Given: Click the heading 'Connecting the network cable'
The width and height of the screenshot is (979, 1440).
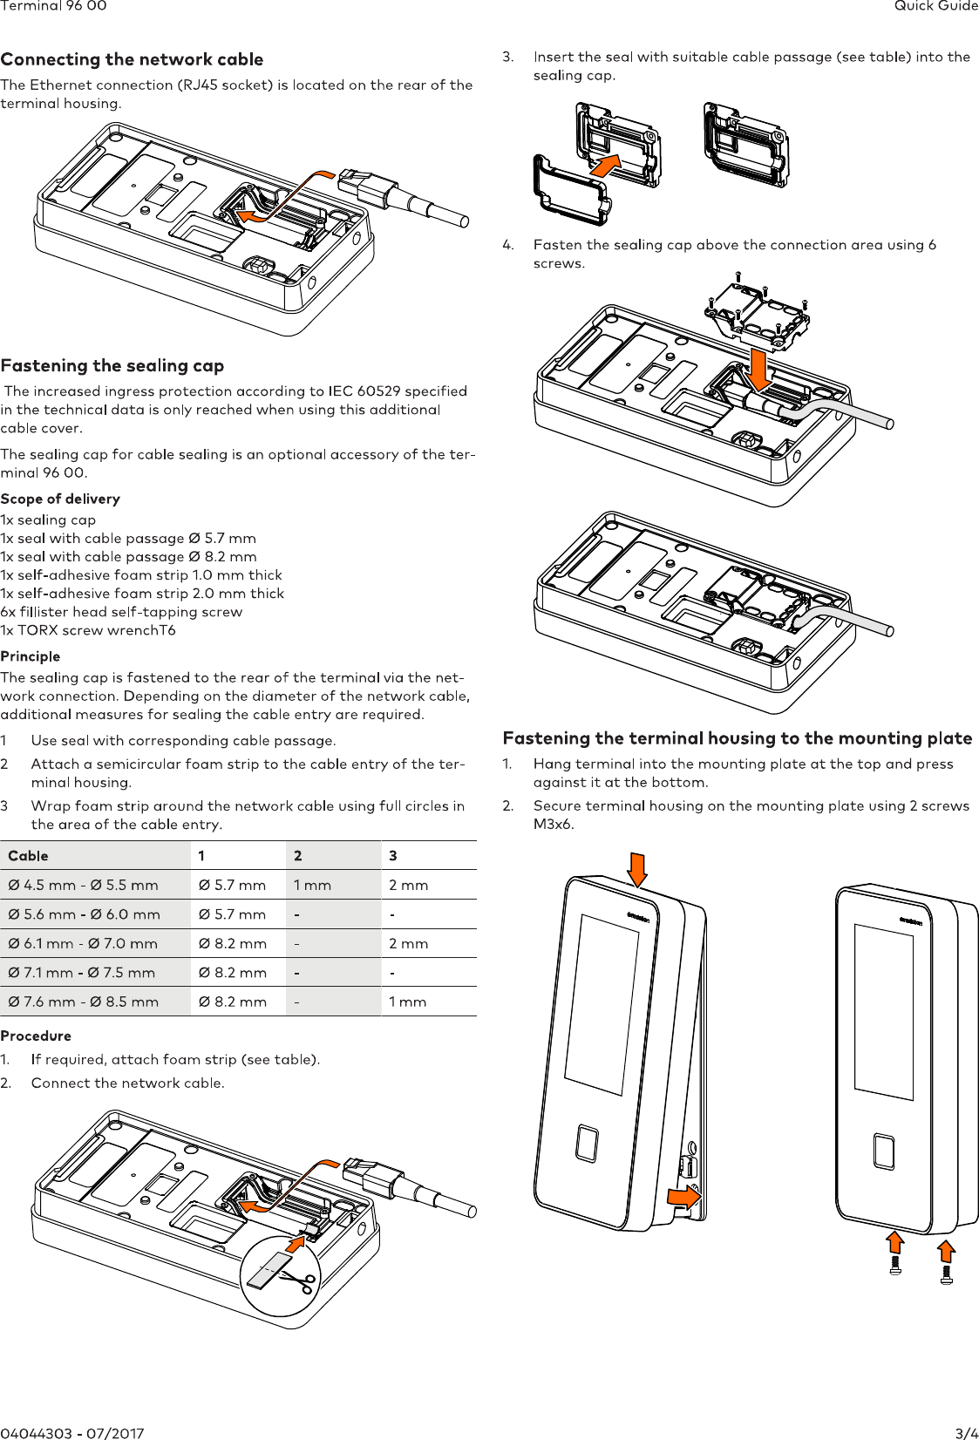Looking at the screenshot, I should [132, 59].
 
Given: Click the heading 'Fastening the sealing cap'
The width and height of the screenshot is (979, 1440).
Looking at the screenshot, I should [112, 365].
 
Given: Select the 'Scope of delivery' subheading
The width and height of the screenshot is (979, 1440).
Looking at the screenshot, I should [60, 499].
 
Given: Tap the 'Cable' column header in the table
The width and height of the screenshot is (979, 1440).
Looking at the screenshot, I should [28, 856].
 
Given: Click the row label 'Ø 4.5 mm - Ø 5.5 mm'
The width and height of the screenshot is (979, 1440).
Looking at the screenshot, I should [83, 885].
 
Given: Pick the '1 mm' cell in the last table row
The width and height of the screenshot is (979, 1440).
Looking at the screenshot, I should [407, 1002].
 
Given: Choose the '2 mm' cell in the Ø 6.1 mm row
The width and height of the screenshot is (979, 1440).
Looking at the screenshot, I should [408, 943].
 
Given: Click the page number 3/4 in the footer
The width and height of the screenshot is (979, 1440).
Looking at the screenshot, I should [966, 1432].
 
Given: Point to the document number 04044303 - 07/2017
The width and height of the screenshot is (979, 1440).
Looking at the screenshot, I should [72, 1432].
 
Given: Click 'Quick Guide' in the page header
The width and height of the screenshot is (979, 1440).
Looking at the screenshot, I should [935, 6].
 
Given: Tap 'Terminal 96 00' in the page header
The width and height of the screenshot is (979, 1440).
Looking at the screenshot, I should [53, 6].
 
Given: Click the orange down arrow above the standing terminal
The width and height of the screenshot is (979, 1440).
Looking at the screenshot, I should [637, 869].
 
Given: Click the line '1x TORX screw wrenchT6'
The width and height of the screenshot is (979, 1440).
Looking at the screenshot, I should [88, 630].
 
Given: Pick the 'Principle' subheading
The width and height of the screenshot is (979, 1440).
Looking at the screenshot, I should [31, 656].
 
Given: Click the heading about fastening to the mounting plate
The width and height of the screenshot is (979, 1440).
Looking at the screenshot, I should [737, 738].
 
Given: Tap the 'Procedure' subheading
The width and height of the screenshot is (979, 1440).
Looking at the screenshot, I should [36, 1036].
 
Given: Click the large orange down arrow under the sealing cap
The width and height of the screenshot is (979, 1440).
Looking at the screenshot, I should [759, 369].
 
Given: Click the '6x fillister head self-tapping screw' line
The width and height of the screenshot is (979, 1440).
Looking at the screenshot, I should [121, 612].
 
